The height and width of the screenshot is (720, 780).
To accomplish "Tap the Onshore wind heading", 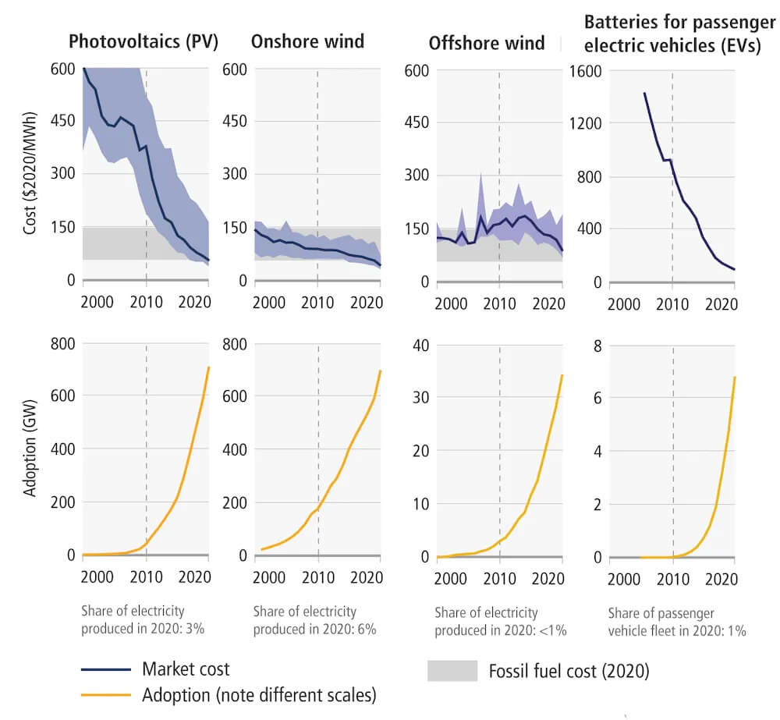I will pos(307,41).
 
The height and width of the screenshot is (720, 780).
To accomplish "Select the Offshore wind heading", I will pos(487,42).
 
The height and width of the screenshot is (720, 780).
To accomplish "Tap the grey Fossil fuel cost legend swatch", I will pos(452,671).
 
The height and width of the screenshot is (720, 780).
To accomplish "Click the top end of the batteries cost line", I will pos(644,93).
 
